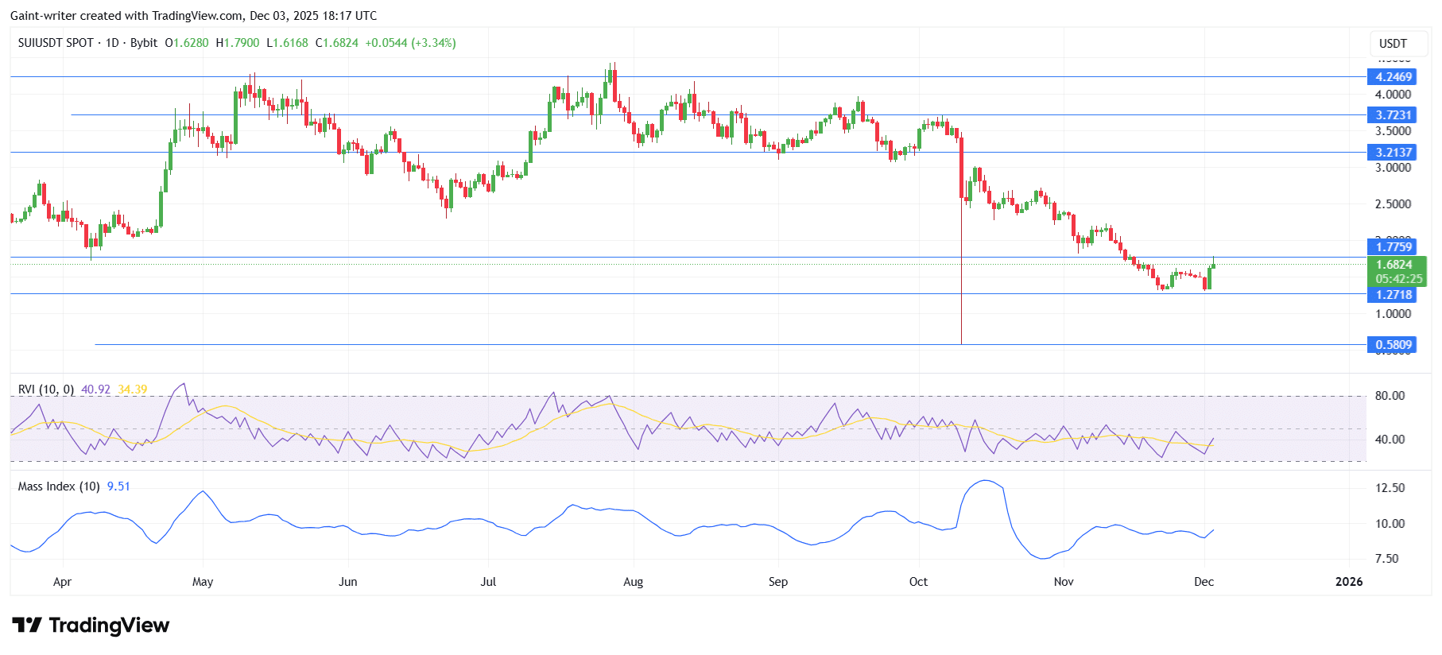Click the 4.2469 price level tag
[1394, 77]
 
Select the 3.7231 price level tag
[1394, 115]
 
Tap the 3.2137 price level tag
[1394, 153]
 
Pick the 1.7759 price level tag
[1394, 247]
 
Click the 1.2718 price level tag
[1394, 295]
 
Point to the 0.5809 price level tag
[1394, 345]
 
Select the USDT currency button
[1393, 44]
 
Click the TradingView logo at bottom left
[91, 626]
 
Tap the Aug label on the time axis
[633, 582]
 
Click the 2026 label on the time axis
[1348, 582]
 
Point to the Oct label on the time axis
[918, 582]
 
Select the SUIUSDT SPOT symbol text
[56, 43]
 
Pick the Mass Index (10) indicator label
[59, 486]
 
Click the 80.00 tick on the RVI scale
[1390, 396]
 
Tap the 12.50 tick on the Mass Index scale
[1390, 488]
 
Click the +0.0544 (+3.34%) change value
[410, 43]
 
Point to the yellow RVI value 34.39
[133, 390]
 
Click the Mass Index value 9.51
[118, 486]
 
